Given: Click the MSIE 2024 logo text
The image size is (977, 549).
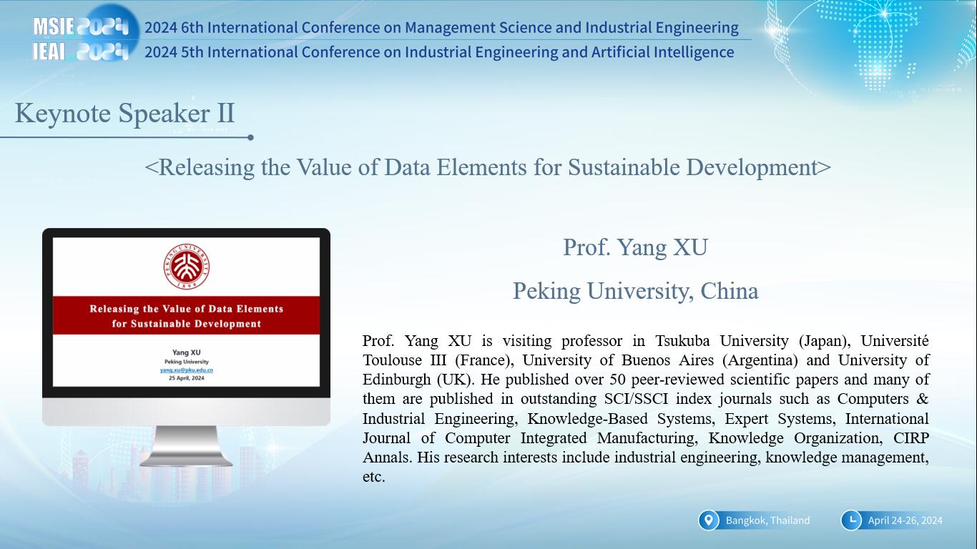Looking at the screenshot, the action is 81,26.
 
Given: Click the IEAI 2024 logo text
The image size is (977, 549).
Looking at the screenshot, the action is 81,52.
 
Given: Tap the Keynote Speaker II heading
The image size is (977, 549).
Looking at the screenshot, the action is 124,114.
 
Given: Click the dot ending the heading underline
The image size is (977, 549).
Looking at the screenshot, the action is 250,137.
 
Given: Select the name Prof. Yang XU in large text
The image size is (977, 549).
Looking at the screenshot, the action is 635,247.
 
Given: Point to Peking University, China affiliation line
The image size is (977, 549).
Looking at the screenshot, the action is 636,291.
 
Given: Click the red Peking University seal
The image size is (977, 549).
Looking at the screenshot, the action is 187,267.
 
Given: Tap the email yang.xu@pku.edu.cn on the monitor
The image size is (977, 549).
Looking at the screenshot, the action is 187,370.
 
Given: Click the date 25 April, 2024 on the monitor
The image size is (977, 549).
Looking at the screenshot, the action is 187,378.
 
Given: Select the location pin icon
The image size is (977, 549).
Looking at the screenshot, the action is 709,520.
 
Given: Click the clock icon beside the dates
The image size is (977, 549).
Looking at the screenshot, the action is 851,520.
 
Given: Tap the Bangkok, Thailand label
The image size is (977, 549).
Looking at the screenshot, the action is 767,520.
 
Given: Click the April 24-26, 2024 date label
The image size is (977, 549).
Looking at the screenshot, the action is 905,520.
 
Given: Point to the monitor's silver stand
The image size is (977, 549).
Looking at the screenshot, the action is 186,445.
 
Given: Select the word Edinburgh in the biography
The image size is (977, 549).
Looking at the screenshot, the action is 396,380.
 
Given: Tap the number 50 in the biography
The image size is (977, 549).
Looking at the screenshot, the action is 618,380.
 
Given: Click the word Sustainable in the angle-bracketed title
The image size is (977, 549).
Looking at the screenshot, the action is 624,167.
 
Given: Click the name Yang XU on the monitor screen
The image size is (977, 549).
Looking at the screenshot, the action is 187,352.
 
